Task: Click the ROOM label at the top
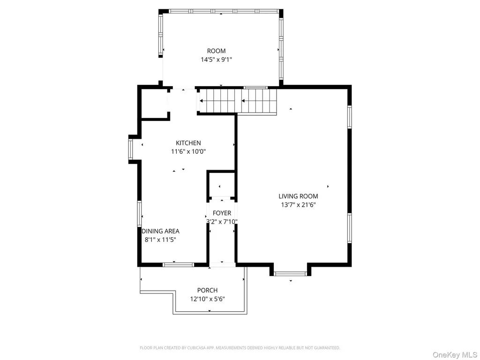pos(216,51)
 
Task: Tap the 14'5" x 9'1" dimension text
pos(216,60)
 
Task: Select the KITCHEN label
pos(188,142)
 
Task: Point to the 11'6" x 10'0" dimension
pos(188,151)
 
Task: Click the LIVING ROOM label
pos(298,196)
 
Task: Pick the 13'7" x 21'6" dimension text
pos(298,205)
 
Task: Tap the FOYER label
pos(222,213)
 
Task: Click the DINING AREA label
pos(160,231)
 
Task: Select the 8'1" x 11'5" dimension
pos(160,240)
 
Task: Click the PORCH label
pos(207,290)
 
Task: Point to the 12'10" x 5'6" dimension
pos(207,299)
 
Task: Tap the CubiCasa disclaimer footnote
pos(240,348)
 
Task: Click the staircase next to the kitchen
pos(238,101)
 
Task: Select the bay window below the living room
pos(290,274)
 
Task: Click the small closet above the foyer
pos(221,185)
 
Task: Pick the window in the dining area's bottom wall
pos(178,265)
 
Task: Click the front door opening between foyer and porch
pos(222,265)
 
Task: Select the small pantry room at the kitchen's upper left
pos(154,104)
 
